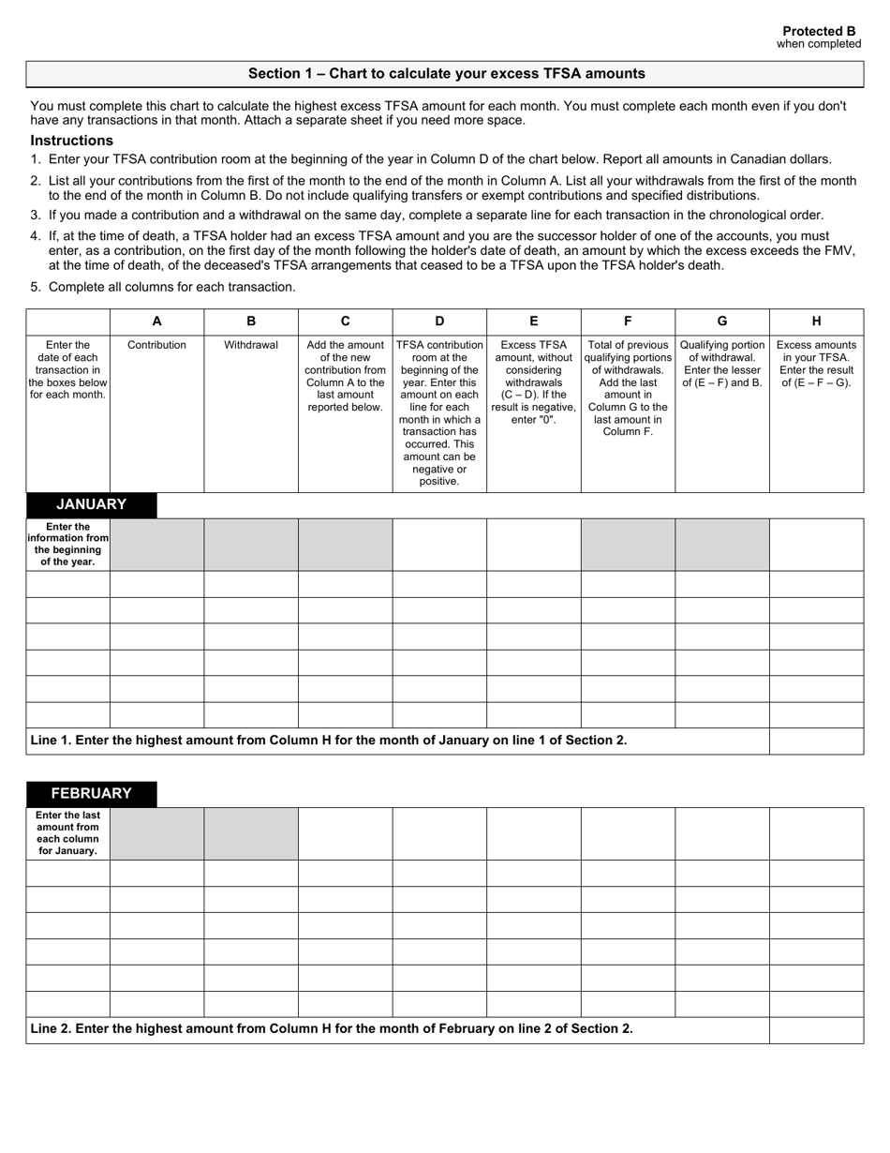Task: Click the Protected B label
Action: pos(819,31)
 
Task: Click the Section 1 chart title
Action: pos(446,74)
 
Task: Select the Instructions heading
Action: pos(71,141)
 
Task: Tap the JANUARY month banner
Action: pos(91,504)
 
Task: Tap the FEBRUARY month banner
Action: pos(91,793)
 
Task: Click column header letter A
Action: pos(156,321)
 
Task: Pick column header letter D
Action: pos(439,321)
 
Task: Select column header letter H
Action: pos(816,321)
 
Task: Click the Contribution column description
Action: pos(156,345)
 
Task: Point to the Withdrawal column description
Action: pos(251,345)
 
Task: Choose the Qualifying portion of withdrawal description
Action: pos(721,364)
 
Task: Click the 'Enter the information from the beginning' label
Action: pos(67,545)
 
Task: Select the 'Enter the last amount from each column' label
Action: pos(67,833)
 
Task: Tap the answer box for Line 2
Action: pos(816,1029)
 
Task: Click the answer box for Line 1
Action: pos(816,741)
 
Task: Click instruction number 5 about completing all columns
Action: pos(171,287)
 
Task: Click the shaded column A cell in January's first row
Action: pos(156,545)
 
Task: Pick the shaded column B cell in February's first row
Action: pos(251,833)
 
